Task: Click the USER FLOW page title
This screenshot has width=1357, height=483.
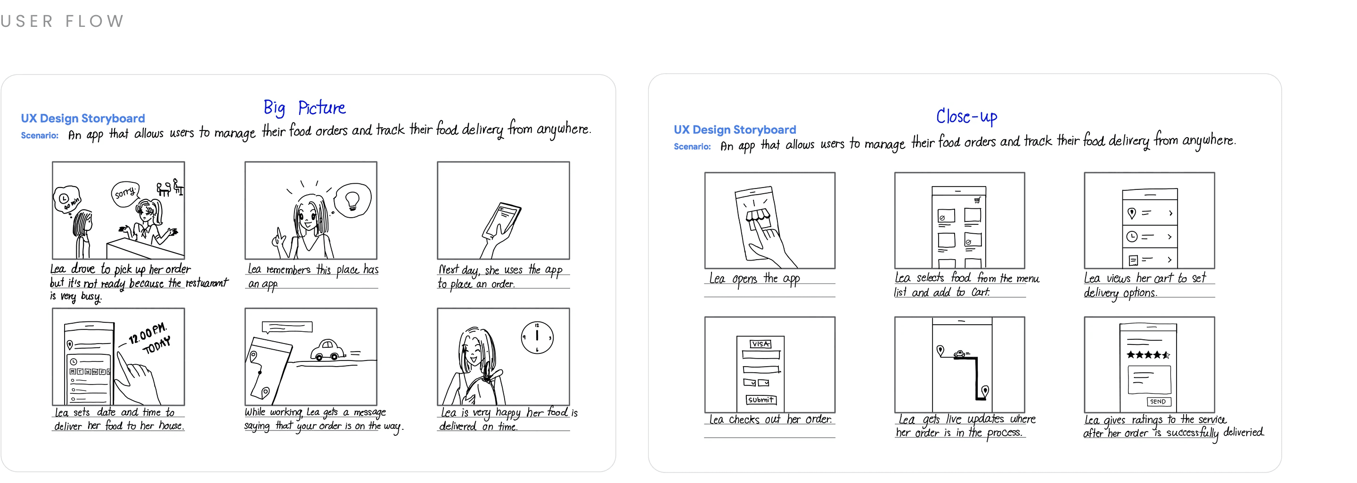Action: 62,21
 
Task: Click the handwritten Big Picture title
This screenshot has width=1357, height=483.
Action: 304,107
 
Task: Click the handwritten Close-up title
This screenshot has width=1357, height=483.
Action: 967,116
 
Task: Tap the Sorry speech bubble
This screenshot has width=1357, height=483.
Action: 125,193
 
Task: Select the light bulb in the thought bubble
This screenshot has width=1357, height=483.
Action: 352,201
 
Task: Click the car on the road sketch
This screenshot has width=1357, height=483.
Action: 327,350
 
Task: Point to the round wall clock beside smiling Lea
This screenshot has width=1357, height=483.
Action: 537,337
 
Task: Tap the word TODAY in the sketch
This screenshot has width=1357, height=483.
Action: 157,345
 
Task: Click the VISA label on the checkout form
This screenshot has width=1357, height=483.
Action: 760,344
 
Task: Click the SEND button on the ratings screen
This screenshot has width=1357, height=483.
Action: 1158,401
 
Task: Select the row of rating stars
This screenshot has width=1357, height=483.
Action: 1148,355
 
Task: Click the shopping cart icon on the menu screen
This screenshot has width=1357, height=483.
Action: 977,200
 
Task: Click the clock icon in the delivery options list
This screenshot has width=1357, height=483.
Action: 1131,237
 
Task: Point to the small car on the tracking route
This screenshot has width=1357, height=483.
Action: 960,353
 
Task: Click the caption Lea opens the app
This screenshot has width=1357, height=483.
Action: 754,278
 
